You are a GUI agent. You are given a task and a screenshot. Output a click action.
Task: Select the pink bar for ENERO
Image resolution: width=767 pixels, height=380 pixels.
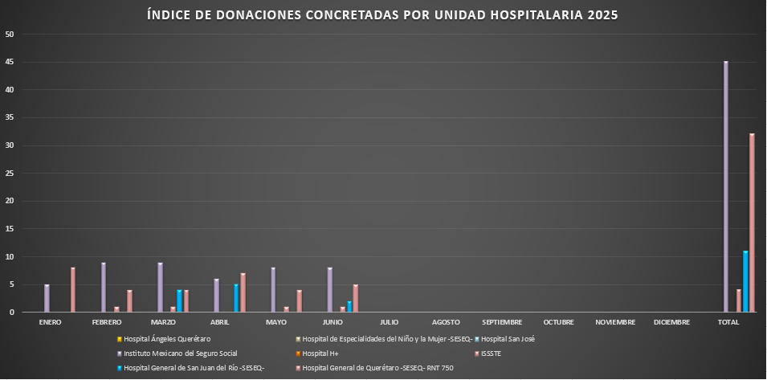[73, 289]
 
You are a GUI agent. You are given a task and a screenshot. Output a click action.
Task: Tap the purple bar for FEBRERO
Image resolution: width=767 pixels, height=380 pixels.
[104, 287]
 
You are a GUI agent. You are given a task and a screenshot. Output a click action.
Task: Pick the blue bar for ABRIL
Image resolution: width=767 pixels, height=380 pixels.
[236, 298]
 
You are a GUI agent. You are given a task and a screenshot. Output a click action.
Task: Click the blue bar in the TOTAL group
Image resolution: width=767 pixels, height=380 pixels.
[745, 281]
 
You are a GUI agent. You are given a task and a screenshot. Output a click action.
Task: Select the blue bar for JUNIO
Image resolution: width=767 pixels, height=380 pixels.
[349, 306]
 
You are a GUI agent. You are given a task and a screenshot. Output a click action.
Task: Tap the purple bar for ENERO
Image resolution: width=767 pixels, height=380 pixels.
[47, 298]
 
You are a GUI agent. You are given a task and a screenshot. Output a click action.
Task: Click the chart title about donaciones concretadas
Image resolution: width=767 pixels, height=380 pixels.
[383, 15]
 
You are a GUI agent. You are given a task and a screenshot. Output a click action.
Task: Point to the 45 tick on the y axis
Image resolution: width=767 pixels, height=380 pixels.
[10, 62]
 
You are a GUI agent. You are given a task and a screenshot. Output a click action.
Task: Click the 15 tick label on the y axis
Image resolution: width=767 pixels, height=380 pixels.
[10, 229]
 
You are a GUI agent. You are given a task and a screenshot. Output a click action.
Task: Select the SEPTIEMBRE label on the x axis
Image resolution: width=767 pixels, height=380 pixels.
[502, 322]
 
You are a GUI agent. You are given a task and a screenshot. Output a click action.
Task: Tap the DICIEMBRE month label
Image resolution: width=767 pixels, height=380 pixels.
[671, 322]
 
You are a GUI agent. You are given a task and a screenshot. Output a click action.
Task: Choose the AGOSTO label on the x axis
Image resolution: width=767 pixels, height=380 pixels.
[445, 322]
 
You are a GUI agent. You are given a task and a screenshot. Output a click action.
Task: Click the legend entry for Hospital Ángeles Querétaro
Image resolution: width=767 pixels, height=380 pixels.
[166, 339]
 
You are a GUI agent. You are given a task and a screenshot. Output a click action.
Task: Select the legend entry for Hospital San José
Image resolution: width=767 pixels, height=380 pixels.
[507, 339]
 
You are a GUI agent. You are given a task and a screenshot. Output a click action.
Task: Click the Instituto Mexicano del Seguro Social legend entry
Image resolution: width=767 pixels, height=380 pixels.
[180, 353]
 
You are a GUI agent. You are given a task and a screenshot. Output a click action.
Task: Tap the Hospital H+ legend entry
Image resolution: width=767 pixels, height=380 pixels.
[320, 353]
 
